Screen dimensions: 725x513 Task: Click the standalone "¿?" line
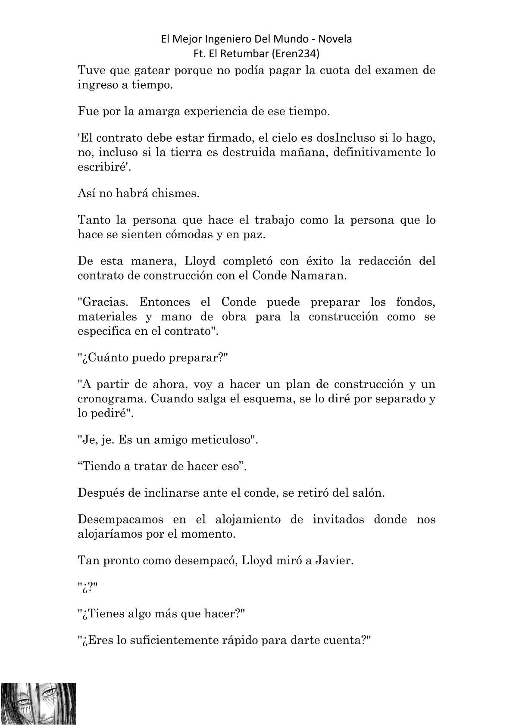click(x=83, y=588)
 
